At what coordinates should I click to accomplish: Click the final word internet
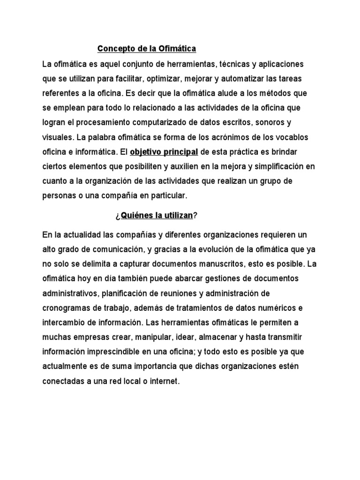164,382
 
